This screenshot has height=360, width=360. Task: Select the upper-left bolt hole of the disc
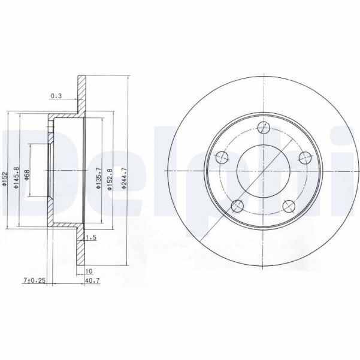tap(222, 157)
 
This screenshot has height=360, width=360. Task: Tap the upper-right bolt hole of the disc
tap(306, 157)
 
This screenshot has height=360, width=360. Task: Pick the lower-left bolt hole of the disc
tap(238, 206)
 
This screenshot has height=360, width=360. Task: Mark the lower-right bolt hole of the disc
tap(290, 206)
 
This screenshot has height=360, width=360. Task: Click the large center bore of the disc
tap(264, 170)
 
